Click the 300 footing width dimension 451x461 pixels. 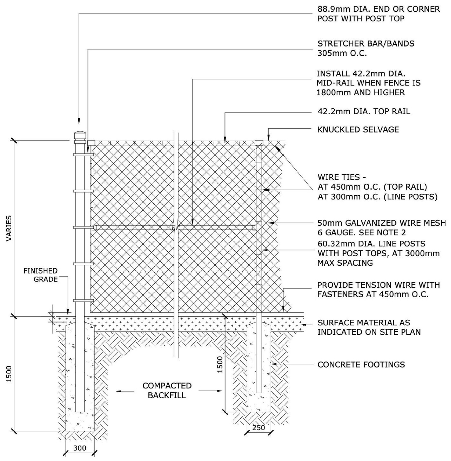click(80, 448)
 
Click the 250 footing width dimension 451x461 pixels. click(258, 428)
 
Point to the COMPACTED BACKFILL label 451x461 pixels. click(167, 391)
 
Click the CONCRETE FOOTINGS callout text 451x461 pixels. click(361, 364)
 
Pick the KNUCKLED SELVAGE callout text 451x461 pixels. click(358, 130)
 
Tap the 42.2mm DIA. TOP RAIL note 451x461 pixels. click(364, 111)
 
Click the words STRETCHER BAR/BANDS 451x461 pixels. click(366, 44)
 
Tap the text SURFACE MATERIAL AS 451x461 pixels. click(364, 323)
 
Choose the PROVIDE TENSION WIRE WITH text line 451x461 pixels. click(378, 285)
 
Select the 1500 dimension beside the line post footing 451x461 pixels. click(220, 364)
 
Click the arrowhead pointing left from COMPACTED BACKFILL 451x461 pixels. click(119, 391)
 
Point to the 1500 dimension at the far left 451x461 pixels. click(9, 374)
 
